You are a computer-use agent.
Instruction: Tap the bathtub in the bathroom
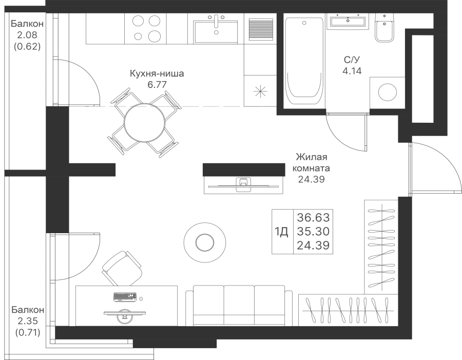click(304, 61)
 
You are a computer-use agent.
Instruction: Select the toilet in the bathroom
click(384, 28)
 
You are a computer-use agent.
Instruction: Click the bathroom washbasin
click(348, 21)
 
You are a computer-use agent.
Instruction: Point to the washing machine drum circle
click(387, 92)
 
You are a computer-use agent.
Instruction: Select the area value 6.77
click(157, 85)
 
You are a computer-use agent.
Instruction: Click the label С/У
click(352, 60)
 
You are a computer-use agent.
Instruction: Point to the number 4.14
click(352, 71)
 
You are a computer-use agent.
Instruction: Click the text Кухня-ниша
click(157, 73)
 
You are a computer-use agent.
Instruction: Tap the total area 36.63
click(313, 218)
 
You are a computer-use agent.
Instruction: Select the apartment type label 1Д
click(282, 232)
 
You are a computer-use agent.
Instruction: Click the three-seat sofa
click(239, 306)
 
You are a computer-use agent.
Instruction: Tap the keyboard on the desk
click(125, 297)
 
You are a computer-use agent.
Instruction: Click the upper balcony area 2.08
click(27, 35)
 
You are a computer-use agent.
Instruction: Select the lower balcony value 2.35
click(28, 321)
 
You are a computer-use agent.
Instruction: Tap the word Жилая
click(312, 157)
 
